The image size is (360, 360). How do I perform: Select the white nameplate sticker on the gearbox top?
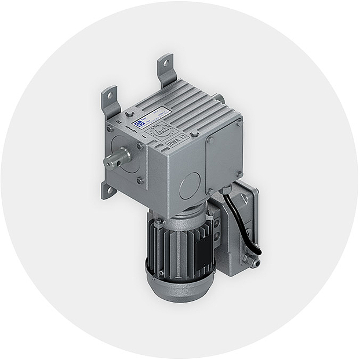click(152, 115)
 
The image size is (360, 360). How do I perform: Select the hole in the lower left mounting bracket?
click(107, 190)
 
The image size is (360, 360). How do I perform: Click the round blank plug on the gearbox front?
click(190, 186)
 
